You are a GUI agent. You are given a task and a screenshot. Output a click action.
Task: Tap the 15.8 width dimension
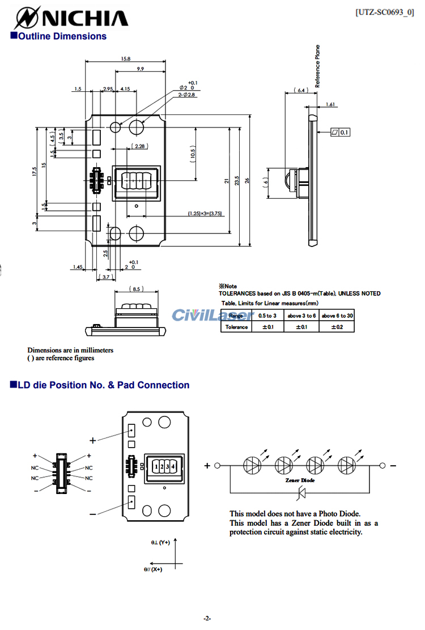click(x=126, y=58)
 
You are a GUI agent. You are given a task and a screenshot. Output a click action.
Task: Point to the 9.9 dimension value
click(x=140, y=69)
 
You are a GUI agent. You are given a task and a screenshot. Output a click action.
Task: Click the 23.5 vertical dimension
click(x=239, y=180)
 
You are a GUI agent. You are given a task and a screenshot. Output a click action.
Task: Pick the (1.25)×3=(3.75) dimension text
click(x=205, y=214)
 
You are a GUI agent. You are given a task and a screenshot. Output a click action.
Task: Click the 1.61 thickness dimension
click(x=331, y=104)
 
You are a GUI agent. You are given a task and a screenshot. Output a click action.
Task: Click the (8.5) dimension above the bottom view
click(x=136, y=289)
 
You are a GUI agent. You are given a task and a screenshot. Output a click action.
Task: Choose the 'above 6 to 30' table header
click(x=337, y=316)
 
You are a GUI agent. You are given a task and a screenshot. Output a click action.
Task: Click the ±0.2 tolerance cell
click(x=337, y=327)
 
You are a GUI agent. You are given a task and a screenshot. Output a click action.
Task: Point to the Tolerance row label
click(x=236, y=327)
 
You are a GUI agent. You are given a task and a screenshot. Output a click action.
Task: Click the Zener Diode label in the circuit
click(x=300, y=480)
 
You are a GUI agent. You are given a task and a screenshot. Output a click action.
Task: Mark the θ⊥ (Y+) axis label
click(x=160, y=543)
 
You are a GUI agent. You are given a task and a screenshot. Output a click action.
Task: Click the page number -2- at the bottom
click(x=207, y=618)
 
